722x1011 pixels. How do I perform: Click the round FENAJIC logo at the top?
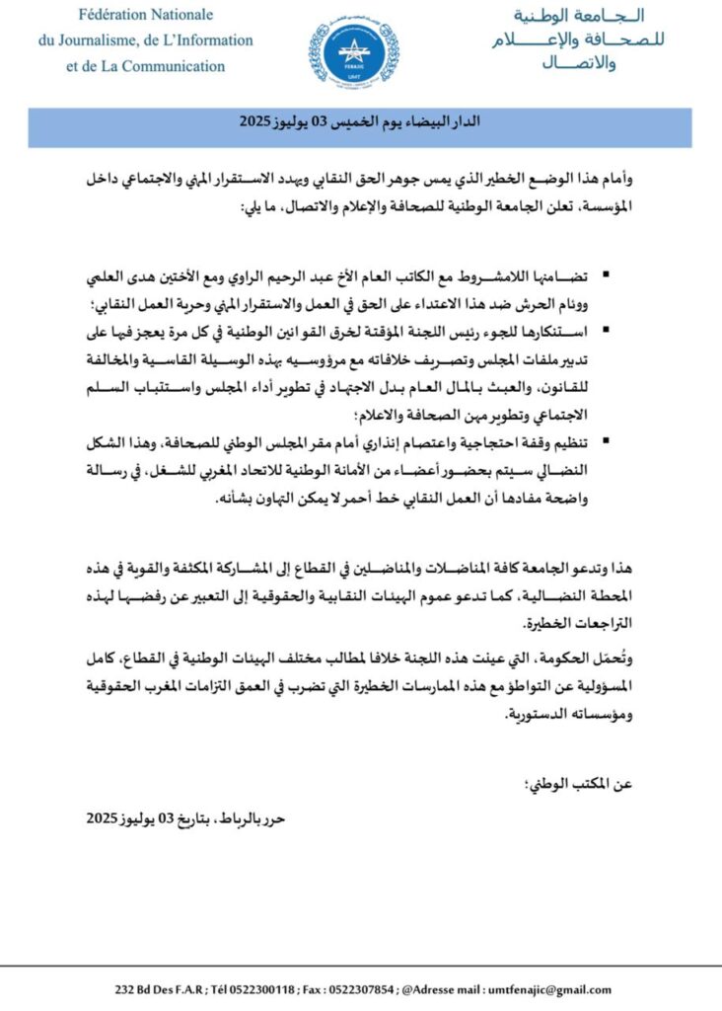click(x=354, y=51)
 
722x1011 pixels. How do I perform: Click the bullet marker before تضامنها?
click(x=604, y=271)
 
